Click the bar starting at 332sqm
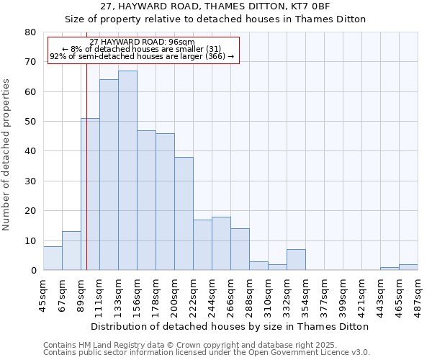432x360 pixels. (x=296, y=260)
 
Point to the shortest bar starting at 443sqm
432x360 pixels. (x=390, y=269)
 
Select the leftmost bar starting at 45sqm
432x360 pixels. (x=53, y=258)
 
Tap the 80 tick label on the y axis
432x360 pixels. (x=30, y=32)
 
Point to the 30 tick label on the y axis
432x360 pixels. (x=30, y=181)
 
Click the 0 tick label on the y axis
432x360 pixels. (x=33, y=271)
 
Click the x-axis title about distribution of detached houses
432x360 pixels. (x=230, y=326)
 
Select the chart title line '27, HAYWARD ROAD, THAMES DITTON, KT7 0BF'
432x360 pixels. (x=215, y=6)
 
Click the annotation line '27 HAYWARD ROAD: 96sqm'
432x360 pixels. (x=142, y=42)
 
